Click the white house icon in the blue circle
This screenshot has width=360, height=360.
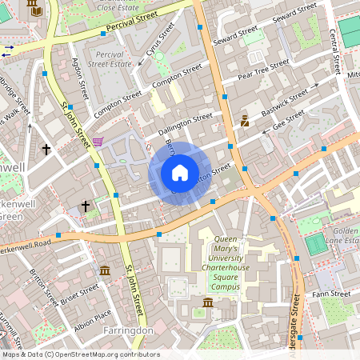(180, 173)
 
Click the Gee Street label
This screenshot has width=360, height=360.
(289, 121)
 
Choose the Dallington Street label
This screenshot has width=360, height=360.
(186, 122)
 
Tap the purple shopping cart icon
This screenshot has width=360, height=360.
(98, 142)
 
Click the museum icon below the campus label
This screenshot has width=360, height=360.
(208, 302)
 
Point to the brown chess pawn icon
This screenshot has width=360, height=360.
(245, 122)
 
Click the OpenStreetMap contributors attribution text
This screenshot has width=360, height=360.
(80, 354)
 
